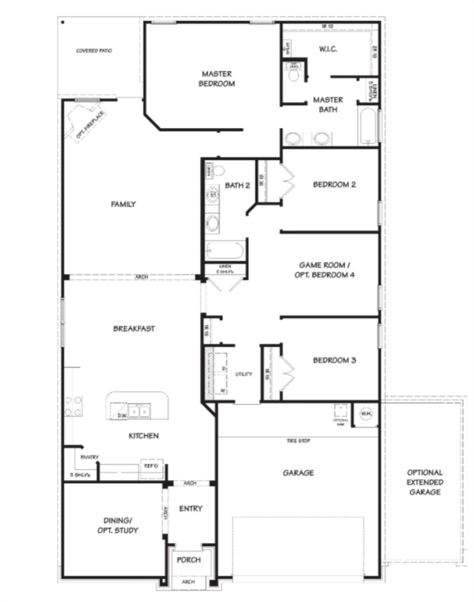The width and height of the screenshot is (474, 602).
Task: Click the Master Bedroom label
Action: (x=216, y=78)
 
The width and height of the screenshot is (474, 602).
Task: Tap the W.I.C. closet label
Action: (x=328, y=49)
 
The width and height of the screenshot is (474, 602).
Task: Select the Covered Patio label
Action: (x=94, y=51)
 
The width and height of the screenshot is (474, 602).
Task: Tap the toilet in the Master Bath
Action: (x=293, y=73)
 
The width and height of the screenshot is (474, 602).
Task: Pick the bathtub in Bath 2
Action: (x=225, y=250)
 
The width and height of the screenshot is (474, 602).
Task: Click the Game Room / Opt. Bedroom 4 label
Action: (x=324, y=270)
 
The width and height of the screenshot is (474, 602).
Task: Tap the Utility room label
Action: (x=244, y=374)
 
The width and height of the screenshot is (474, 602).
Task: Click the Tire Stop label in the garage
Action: (x=299, y=441)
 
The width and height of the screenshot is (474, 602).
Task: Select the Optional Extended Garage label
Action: (x=425, y=482)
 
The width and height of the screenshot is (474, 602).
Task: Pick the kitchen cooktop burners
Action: (x=73, y=406)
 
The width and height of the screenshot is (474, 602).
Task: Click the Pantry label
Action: (x=90, y=457)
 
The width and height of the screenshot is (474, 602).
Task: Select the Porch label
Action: (x=189, y=560)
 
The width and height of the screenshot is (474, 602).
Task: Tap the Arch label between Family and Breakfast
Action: (x=141, y=277)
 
